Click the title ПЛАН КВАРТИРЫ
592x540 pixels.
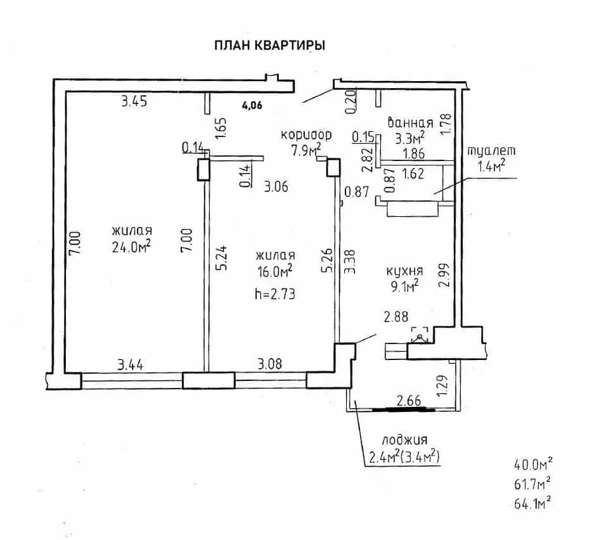tap(269, 45)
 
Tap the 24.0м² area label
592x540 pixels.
tap(131, 247)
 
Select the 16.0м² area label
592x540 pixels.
tap(275, 271)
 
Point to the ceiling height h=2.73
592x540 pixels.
tap(275, 294)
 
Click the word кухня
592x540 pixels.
tap(405, 271)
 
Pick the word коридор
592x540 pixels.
tap(306, 134)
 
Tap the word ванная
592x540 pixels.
tap(410, 123)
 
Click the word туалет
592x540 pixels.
tap(492, 150)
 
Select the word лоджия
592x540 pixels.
tap(405, 440)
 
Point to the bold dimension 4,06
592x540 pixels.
tap(252, 105)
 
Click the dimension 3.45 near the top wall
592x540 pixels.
tap(134, 101)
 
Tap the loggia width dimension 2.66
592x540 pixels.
tap(409, 401)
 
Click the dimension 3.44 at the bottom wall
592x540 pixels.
tap(131, 365)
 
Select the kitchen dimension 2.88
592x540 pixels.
tap(396, 316)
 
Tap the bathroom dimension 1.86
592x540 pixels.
tap(413, 153)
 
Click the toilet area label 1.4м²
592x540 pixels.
tap(492, 166)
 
